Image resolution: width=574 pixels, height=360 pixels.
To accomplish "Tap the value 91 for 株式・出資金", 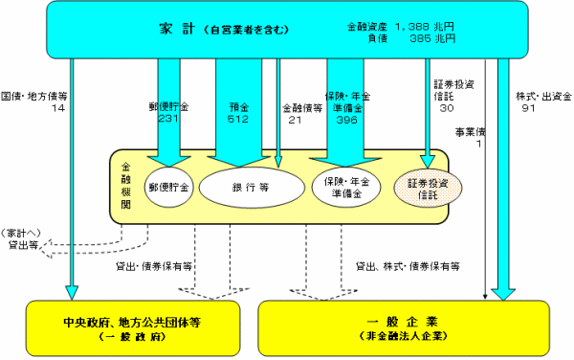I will tap(528, 108).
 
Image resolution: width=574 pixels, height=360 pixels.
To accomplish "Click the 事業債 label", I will tap(471, 132).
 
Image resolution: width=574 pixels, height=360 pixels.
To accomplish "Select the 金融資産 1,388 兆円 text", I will tap(401, 28).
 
